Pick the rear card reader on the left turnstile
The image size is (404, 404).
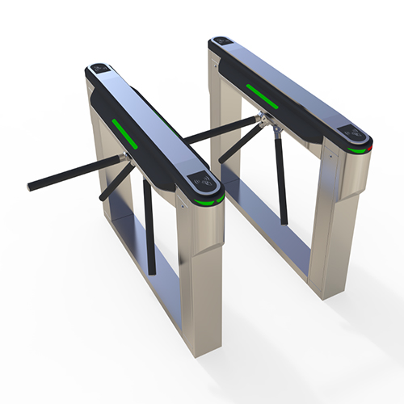[x=100, y=70]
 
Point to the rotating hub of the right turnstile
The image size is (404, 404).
[x=261, y=122]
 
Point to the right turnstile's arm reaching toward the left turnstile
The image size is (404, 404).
[x=218, y=133]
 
